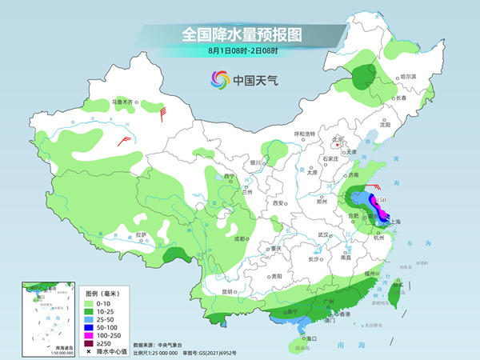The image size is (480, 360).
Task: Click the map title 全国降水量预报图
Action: pos(239,34)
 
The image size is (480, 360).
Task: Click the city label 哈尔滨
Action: pos(408,76)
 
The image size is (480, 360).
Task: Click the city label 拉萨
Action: pos(141,234)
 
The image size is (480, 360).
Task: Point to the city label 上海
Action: pos(398,222)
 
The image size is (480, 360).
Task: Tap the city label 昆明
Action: pos(226,293)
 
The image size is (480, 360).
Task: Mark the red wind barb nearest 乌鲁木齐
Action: pos(163,114)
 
